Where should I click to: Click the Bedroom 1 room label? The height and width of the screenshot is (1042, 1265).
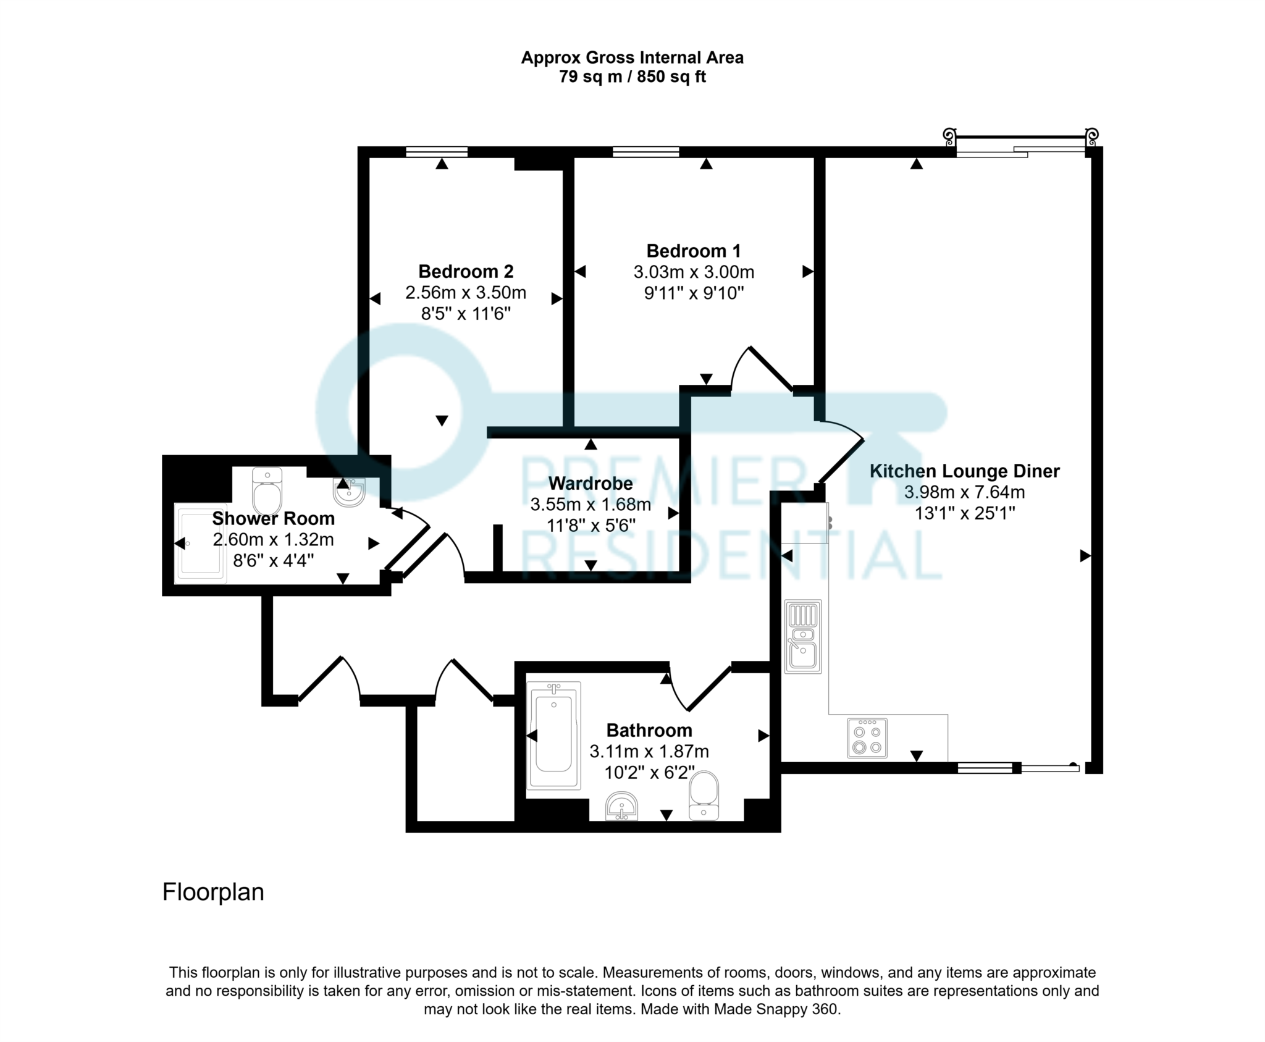point(693,251)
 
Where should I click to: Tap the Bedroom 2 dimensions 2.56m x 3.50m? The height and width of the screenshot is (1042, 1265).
point(466,292)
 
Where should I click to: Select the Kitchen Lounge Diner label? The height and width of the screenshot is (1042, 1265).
point(964,471)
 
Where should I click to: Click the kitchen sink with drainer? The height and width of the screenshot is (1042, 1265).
point(802,636)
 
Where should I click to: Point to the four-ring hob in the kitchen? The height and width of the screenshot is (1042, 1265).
point(867,737)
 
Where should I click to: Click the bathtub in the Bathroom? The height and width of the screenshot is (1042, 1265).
point(553,735)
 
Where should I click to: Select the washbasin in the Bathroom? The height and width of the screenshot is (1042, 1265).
point(621,806)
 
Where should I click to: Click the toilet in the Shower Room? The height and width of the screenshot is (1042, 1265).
point(267,492)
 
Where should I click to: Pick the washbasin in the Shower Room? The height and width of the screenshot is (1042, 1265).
point(349,492)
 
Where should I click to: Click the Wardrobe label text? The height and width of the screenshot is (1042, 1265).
point(590,484)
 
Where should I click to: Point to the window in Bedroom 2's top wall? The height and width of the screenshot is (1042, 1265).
point(436,151)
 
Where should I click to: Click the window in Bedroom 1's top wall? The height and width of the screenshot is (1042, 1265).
point(645,151)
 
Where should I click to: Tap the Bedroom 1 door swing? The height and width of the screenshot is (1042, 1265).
point(761,369)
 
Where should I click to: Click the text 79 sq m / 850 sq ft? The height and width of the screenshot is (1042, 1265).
point(632,77)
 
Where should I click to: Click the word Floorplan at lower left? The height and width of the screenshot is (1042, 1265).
point(213,892)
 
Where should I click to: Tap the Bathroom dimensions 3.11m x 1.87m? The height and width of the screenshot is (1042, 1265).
point(649,752)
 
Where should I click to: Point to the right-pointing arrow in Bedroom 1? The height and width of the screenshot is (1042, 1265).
point(807,272)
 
